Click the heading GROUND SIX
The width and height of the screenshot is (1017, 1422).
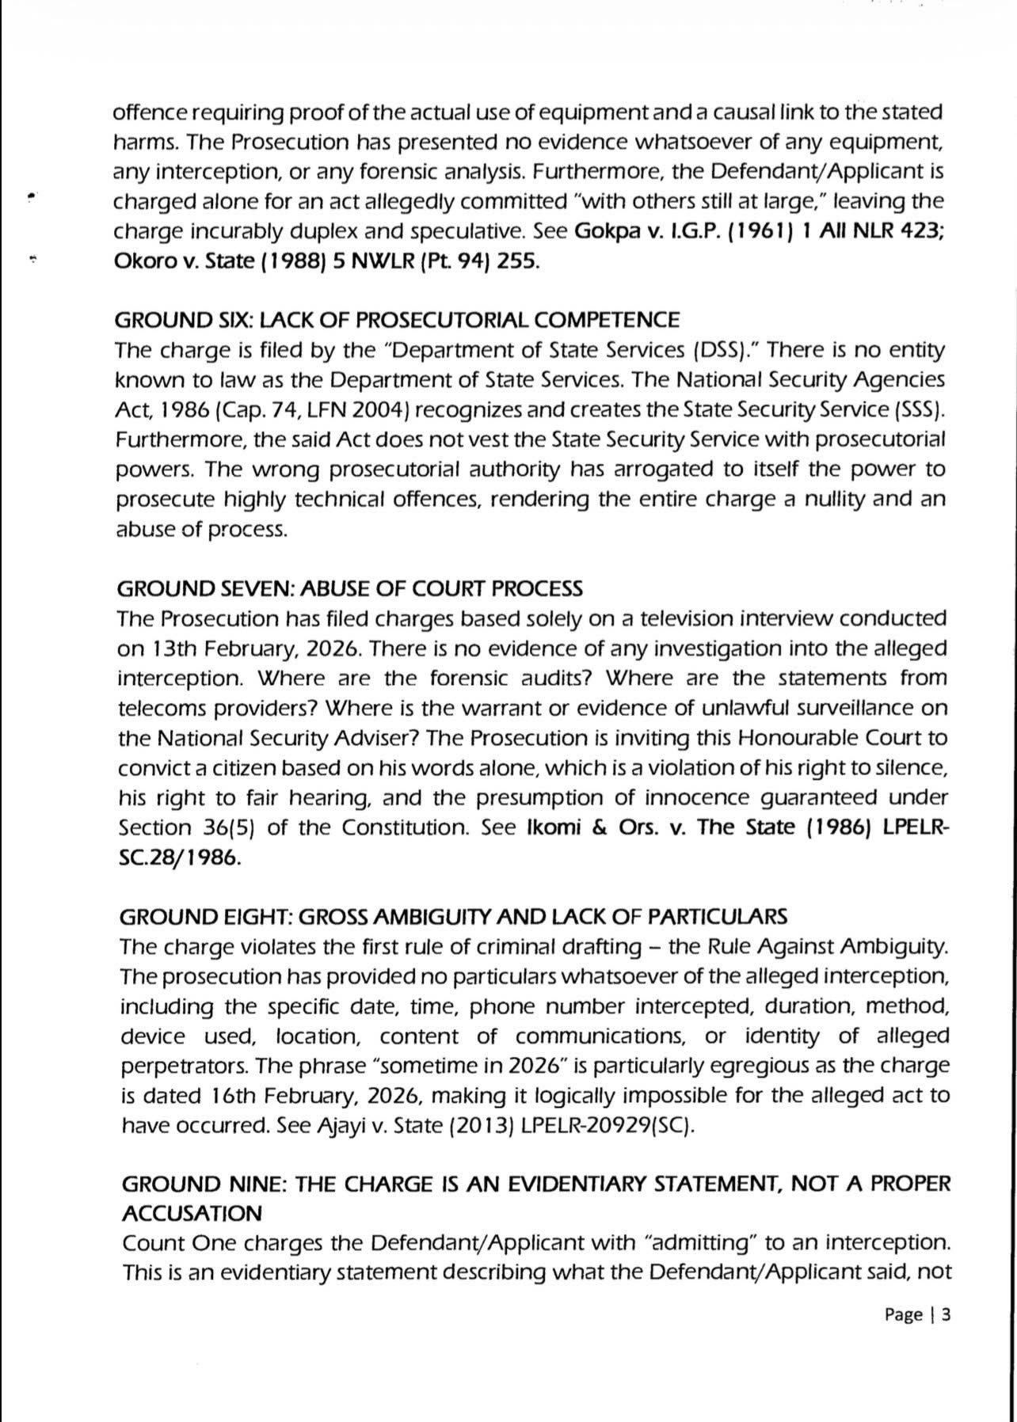(396, 320)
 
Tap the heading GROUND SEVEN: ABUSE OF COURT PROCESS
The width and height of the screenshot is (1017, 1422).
(349, 588)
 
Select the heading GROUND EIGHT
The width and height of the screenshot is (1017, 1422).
(452, 916)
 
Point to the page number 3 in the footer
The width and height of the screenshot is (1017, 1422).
(944, 1315)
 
